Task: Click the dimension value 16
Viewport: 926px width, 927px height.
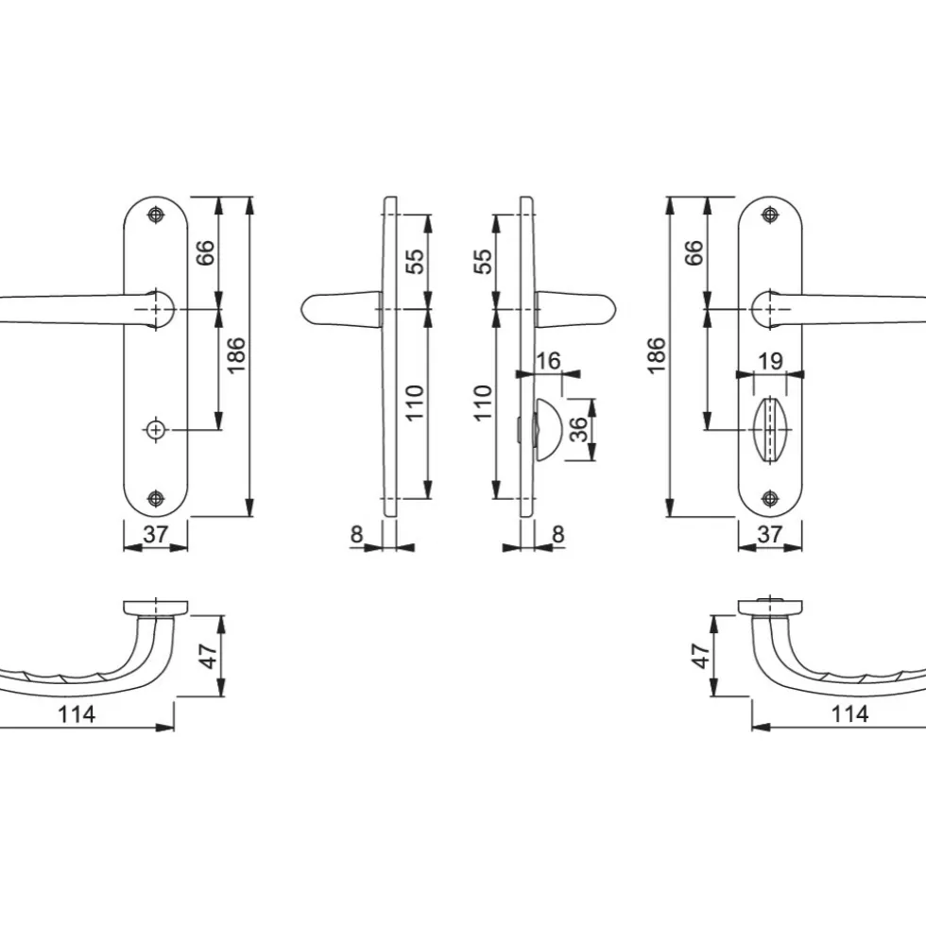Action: tap(548, 361)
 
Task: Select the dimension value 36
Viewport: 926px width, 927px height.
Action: tap(579, 429)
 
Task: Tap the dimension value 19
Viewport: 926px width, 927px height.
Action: tap(770, 361)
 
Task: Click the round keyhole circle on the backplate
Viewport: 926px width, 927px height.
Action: tap(156, 429)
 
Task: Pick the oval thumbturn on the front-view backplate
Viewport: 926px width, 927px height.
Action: tap(770, 429)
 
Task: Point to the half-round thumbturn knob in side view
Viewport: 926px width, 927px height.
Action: tap(545, 429)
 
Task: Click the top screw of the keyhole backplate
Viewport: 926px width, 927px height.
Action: tap(156, 215)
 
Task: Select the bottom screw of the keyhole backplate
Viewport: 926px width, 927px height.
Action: tap(156, 498)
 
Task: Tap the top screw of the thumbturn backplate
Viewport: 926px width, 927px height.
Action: tap(770, 215)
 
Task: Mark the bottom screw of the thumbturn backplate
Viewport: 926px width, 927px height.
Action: tap(770, 498)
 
